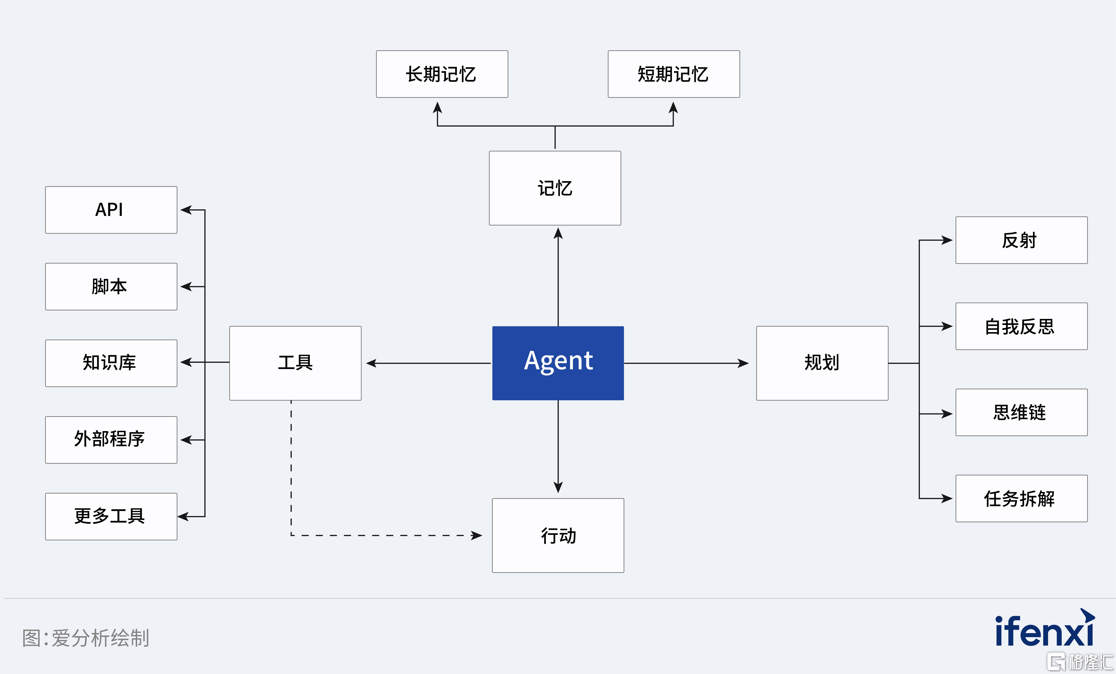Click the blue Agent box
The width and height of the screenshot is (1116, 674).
558,363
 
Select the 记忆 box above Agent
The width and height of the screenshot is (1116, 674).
555,188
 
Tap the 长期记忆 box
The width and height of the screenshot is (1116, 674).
442,74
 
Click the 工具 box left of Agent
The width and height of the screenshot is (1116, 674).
295,363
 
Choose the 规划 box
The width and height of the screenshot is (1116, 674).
822,363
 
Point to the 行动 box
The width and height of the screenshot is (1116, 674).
558,535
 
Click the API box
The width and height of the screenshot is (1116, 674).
111,210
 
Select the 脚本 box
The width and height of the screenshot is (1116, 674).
111,286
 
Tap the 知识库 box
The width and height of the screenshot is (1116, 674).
111,363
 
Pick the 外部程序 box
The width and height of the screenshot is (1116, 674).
111,440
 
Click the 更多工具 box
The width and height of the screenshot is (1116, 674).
111,516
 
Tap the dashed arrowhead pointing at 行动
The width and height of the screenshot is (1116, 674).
477,535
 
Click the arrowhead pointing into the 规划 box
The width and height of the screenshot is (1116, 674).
743,363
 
